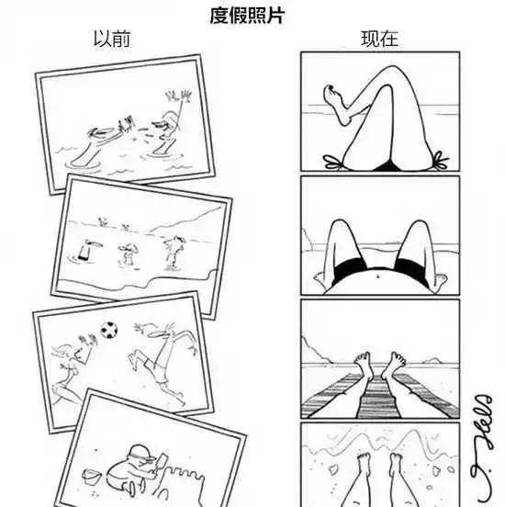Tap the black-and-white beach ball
click(x=110, y=328)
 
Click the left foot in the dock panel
click(x=363, y=363)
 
